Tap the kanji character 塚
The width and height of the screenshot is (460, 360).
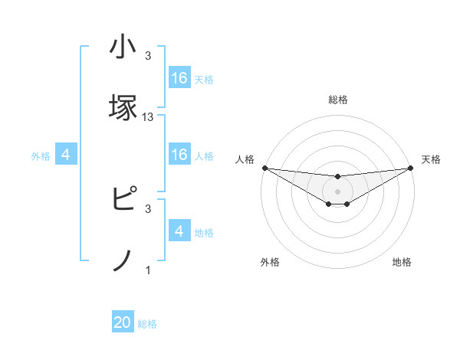tap(123, 106)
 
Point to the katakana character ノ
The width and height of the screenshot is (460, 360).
tap(123, 261)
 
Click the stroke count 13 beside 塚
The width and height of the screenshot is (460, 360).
tap(148, 117)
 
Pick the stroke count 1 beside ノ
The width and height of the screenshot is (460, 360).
tap(148, 270)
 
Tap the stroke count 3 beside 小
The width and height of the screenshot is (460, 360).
tap(148, 56)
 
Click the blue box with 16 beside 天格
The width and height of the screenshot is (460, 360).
tap(179, 78)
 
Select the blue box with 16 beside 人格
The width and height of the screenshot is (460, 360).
tap(179, 155)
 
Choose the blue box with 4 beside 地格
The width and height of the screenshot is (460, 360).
tap(179, 231)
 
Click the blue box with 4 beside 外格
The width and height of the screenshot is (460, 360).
tap(66, 155)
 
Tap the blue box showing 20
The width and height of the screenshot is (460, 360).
tap(123, 323)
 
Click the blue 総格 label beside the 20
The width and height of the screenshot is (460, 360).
tap(147, 324)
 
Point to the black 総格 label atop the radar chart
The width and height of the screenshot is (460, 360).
tap(337, 100)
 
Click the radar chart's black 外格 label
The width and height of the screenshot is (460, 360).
tap(270, 262)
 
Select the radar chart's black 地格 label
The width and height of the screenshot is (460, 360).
tap(402, 262)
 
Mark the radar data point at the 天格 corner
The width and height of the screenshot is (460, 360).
tap(411, 168)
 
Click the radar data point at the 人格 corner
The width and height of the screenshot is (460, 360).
tap(264, 168)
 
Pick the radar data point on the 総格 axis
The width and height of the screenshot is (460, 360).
tap(337, 177)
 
